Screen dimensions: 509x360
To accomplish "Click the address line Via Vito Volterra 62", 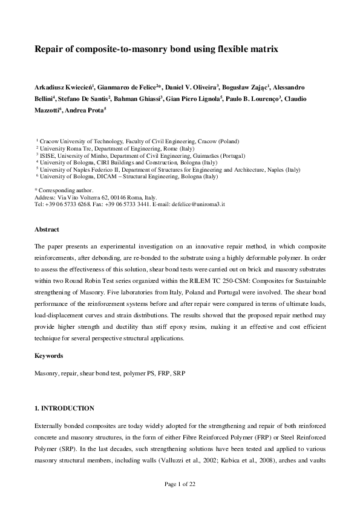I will (x=96, y=197).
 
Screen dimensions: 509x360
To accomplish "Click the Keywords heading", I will (x=48, y=356).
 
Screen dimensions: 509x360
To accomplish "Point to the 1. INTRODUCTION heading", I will (x=64, y=408).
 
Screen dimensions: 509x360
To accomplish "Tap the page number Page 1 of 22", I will (x=180, y=484).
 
